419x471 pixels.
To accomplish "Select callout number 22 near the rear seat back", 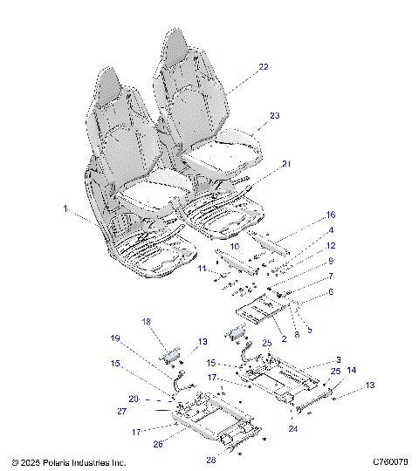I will (x=263, y=66).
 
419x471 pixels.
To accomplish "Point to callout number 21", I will (x=286, y=163).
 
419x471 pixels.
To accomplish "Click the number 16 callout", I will (x=306, y=214).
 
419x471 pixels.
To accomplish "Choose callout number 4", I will (x=306, y=230).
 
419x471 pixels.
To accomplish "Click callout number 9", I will (x=306, y=261).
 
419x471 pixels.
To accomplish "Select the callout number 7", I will (x=306, y=276).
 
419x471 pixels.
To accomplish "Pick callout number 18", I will (x=147, y=322).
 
